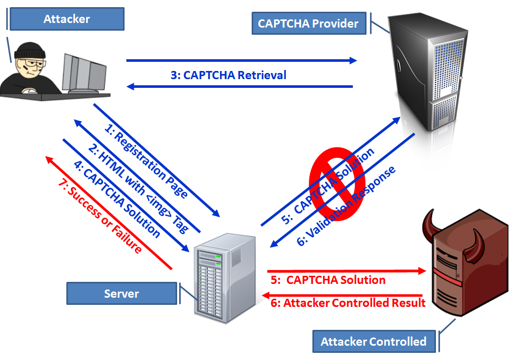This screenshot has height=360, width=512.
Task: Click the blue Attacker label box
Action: click(x=66, y=19)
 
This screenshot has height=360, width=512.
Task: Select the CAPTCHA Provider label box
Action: click(x=308, y=23)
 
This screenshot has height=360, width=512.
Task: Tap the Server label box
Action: click(x=121, y=294)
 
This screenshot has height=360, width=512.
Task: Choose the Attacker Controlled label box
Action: click(x=373, y=342)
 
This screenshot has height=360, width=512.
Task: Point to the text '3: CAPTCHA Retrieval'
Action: click(x=228, y=76)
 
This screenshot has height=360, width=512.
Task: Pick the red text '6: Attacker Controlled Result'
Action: click(x=348, y=303)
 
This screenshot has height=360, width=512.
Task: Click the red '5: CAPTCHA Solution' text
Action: click(x=328, y=280)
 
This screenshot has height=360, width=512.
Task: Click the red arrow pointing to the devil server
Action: click(x=347, y=271)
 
